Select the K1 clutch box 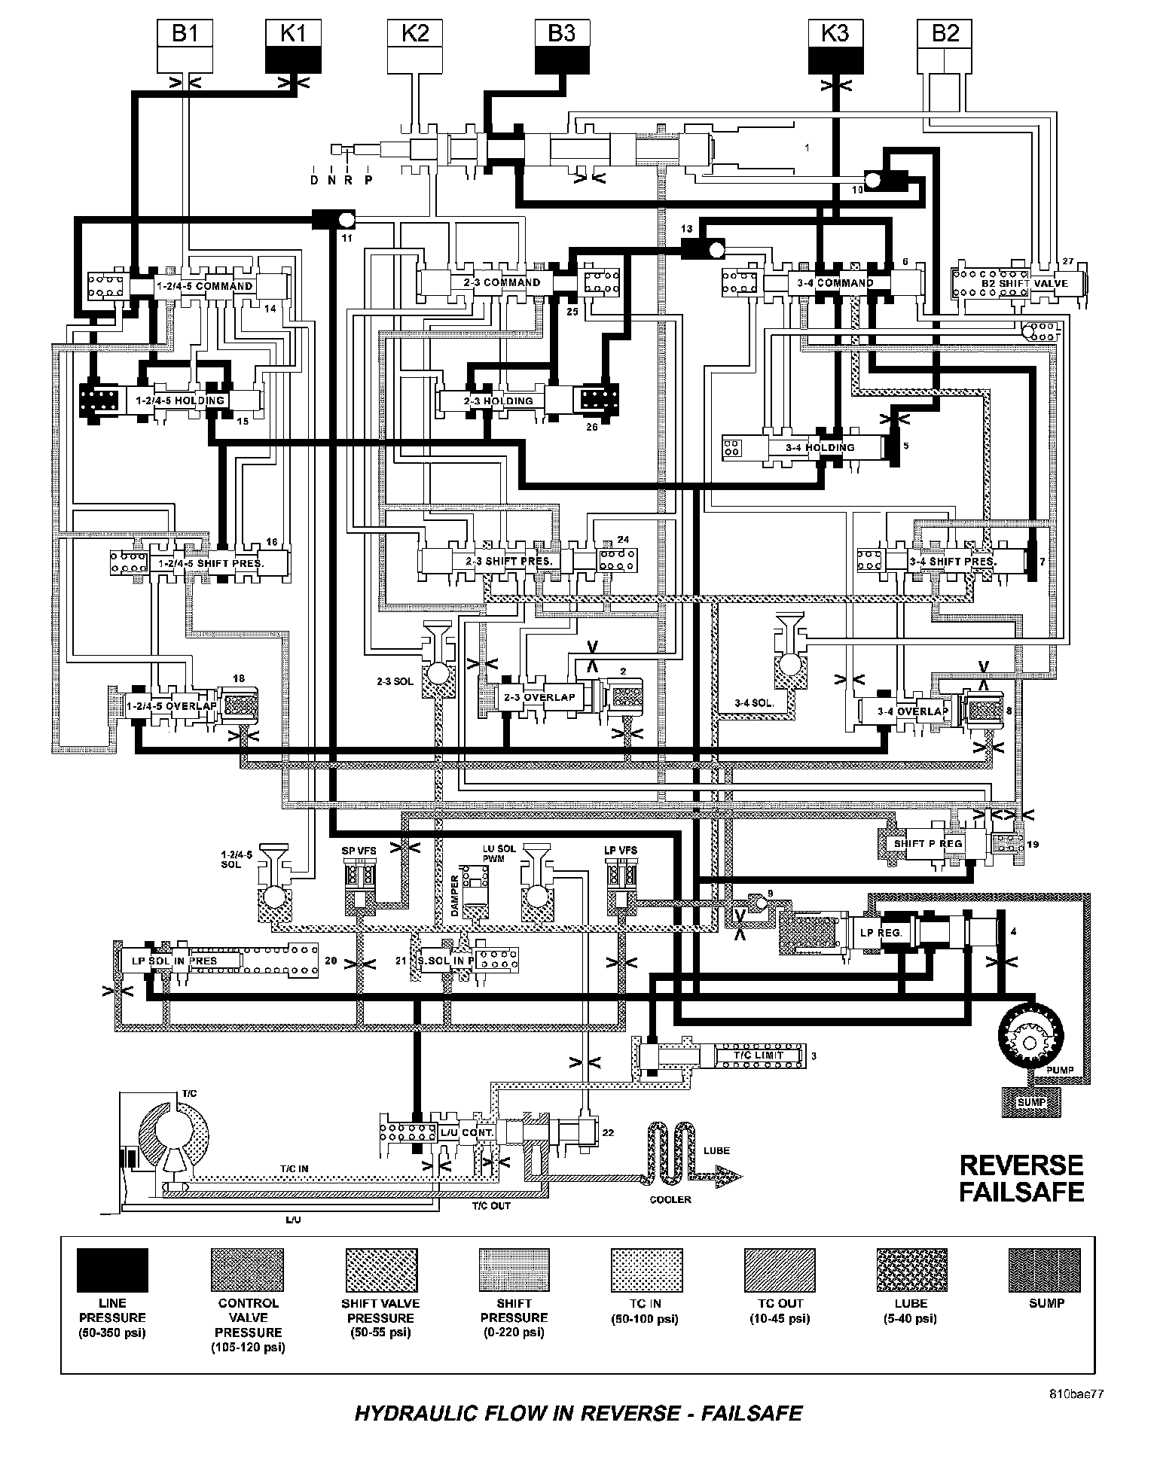coord(294,46)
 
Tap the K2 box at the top coord(415,46)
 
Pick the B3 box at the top coord(561,46)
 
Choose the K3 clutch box coord(835,46)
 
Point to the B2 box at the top coord(945,46)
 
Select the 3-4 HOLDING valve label coord(820,448)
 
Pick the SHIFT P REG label coord(928,844)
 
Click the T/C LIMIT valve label coord(759,1055)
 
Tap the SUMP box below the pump coord(1031,1102)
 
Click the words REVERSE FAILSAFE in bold coord(1021,1179)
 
